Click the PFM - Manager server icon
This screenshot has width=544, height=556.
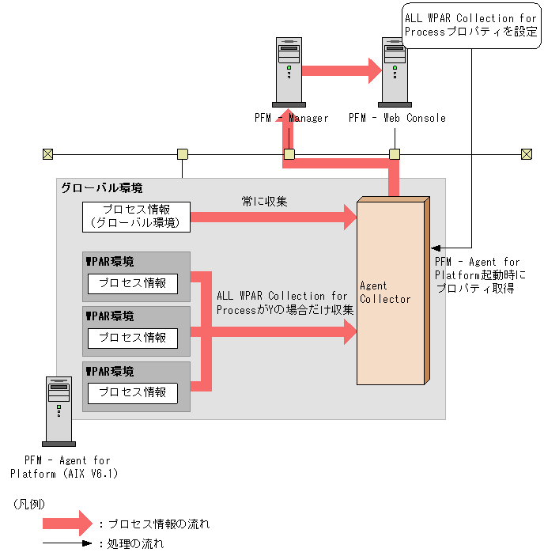coord(289,72)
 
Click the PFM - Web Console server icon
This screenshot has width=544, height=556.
coord(395,72)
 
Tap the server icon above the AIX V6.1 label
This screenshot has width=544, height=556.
coord(59,411)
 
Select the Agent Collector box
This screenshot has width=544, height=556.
coord(393,291)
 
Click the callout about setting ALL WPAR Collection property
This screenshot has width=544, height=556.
coord(471,25)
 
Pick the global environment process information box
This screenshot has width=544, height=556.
coord(136,217)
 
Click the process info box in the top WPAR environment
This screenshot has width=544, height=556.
coord(133,283)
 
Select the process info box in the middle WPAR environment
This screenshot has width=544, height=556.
coord(133,338)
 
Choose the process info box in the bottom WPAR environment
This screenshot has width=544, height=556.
coord(133,393)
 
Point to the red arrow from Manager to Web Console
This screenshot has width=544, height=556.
coord(342,71)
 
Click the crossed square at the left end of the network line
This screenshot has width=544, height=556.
coord(48,154)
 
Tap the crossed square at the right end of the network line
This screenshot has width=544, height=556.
coord(527,154)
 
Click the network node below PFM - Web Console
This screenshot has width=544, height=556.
coord(395,154)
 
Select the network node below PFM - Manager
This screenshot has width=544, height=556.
coord(289,154)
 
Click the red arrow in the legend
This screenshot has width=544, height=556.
coord(67,524)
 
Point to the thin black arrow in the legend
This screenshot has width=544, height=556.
coord(67,543)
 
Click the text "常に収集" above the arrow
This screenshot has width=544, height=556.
coord(264,202)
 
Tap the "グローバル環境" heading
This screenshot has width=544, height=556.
coord(102,188)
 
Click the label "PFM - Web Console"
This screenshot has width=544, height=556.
coord(397,118)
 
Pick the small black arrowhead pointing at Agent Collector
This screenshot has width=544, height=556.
coord(436,248)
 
